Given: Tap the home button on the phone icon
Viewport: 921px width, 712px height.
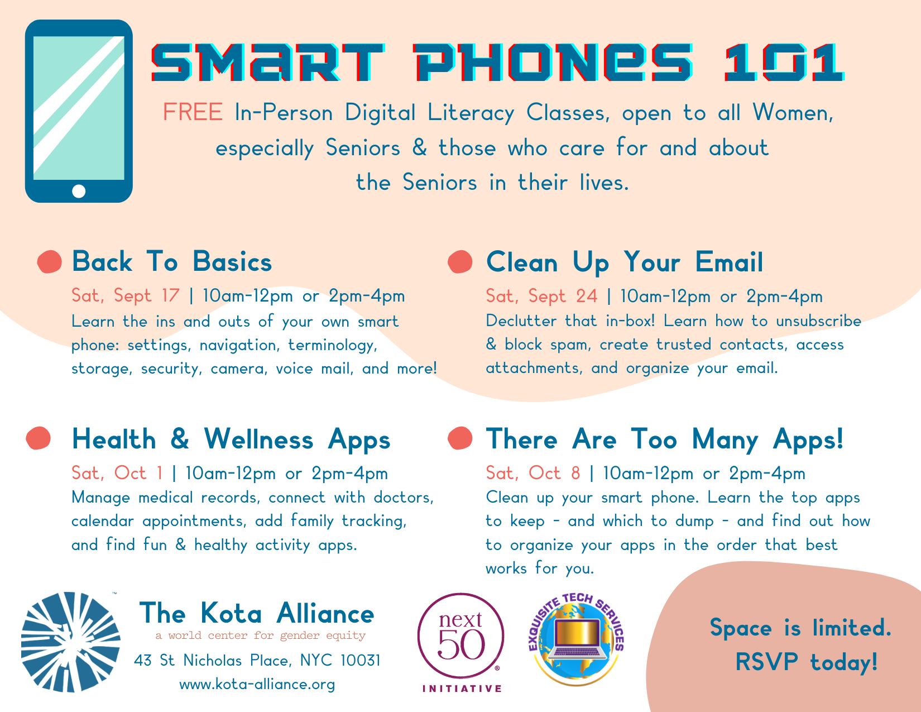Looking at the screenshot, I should coord(79,192).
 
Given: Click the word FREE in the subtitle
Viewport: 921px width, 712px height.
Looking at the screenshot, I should coord(193,113).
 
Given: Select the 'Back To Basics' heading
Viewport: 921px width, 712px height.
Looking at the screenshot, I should coord(172,262).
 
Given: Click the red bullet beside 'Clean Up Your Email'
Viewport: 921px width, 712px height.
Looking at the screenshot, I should coord(460,262).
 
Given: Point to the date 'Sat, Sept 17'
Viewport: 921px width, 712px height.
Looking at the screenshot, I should coord(126,295).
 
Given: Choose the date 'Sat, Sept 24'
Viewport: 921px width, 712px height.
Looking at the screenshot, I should coord(541,296).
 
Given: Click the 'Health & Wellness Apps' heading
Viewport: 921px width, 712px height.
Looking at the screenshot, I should coord(231,439).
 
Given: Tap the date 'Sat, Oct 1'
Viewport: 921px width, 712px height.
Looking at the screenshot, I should coord(117,473).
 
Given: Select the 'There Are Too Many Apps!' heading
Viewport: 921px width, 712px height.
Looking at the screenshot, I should coord(664,439).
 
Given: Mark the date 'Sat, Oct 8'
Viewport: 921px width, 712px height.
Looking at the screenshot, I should coord(533,473).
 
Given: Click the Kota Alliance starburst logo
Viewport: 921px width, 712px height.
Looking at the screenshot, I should coord(71,642).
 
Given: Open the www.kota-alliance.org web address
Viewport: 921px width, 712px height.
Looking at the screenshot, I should coord(257,684).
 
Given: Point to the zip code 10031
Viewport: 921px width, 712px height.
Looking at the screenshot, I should coord(360,661).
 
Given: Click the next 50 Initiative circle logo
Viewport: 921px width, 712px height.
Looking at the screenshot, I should coord(461,637).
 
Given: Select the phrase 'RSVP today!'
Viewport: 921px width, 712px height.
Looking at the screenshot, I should coord(806,663).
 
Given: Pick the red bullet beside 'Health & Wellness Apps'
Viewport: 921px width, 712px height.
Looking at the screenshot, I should coord(39,438).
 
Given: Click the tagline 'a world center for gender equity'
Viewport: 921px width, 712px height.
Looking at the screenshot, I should coord(260,635).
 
